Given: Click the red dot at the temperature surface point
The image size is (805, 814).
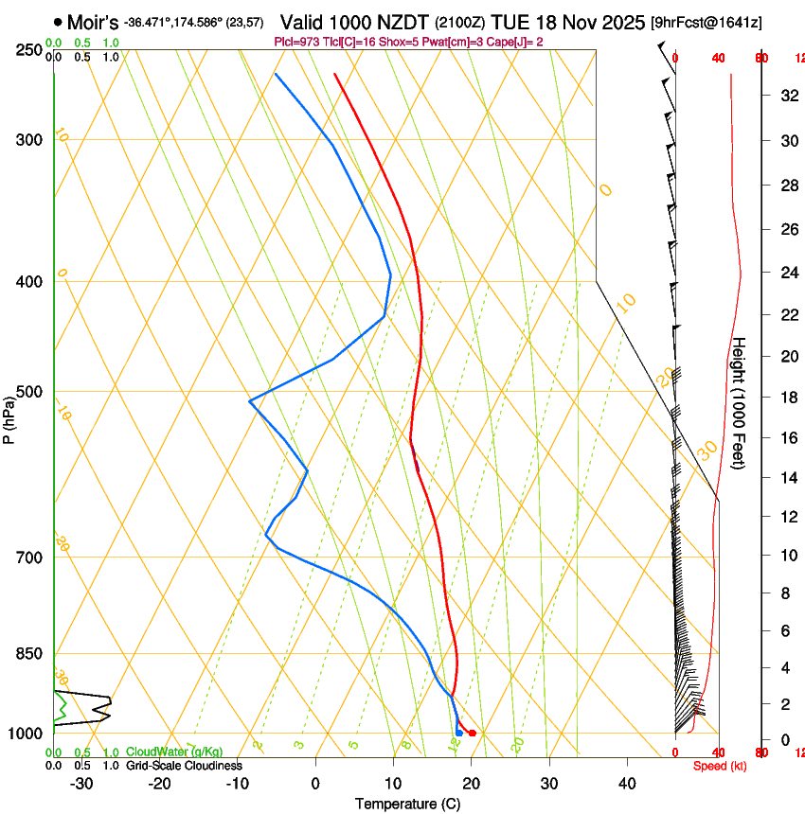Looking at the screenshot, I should pos(473,734).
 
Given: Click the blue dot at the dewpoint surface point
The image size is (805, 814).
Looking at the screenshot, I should pos(459,733).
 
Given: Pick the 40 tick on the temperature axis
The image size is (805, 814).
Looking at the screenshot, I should pos(627,783).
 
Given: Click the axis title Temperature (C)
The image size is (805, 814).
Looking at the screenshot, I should pos(407,804).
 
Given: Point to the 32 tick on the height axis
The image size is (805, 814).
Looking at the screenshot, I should pos(788,95).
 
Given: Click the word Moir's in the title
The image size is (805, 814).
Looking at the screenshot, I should pos(93,21).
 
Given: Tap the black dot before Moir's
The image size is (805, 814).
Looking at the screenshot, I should pos(59,21).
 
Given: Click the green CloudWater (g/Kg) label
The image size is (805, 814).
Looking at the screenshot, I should pos(174,752).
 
